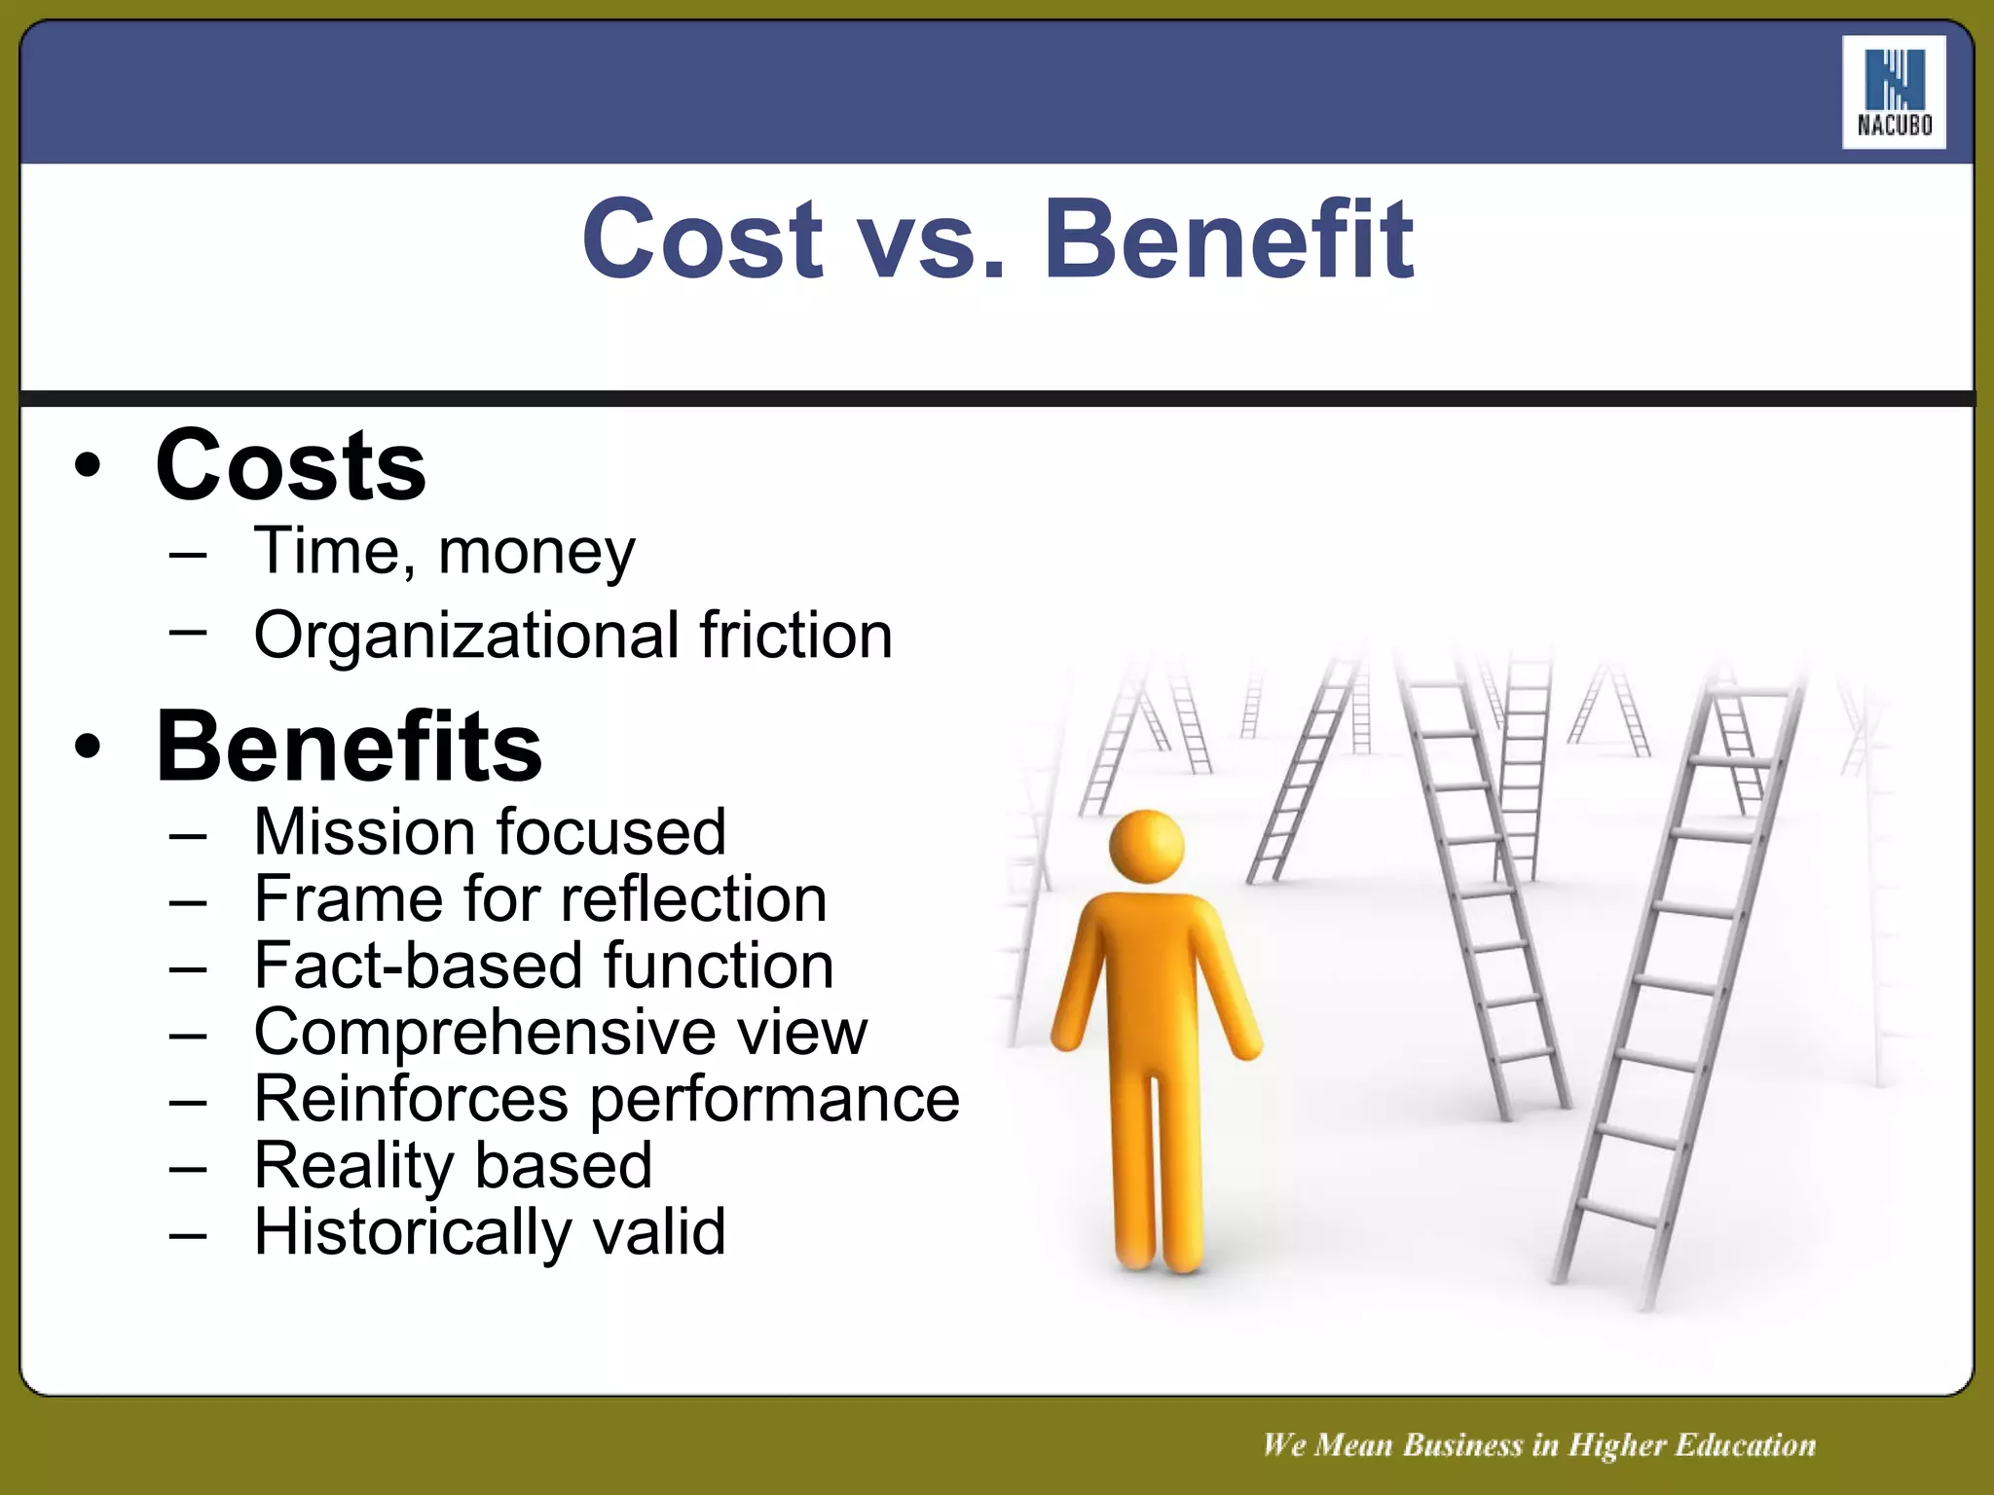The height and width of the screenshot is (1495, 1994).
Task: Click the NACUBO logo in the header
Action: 1893,92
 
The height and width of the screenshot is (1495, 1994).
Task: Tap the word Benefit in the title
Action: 1229,239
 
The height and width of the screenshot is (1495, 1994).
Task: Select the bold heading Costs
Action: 290,466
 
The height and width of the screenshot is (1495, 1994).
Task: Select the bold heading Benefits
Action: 349,747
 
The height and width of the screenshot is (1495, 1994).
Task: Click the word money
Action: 536,552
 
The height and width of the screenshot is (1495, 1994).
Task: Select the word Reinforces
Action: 410,1099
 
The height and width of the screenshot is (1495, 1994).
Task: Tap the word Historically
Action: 412,1232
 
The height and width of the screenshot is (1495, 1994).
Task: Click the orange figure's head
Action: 1147,845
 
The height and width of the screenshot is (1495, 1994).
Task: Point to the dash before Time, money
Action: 187,555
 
